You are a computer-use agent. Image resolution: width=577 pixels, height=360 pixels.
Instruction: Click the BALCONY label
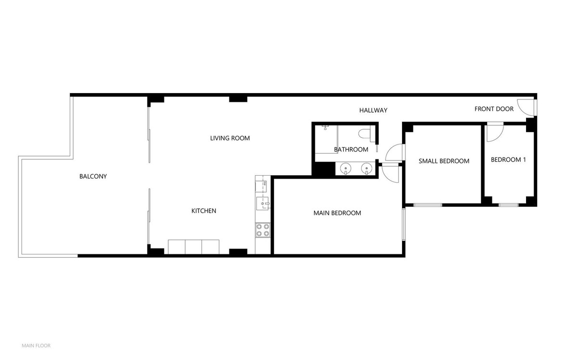coord(93,177)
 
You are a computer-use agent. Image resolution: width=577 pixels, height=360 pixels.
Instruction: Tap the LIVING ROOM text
coord(230,138)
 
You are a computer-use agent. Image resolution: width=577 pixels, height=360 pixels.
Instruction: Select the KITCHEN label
coord(204,211)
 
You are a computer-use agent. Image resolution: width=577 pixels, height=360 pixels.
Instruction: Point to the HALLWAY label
coord(373,110)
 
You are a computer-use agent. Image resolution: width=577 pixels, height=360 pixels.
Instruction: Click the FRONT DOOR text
coord(494,109)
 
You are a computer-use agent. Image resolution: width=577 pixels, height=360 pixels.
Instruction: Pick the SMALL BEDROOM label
coord(444,161)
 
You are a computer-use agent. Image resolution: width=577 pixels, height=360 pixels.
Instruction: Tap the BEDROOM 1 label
coord(508,160)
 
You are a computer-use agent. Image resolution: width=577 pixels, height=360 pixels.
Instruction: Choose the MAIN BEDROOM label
coord(337,213)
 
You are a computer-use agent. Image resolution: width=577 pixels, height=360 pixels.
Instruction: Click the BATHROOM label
coord(351,150)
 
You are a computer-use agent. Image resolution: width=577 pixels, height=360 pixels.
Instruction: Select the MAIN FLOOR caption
coord(36,346)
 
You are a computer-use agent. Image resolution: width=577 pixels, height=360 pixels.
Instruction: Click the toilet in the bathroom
coord(365,133)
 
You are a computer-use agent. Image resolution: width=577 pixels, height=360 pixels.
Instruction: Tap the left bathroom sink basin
coord(345,168)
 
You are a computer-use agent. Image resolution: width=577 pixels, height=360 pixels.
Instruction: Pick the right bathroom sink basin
coord(366,168)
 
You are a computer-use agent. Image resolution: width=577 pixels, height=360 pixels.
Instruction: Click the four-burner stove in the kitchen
coord(263,230)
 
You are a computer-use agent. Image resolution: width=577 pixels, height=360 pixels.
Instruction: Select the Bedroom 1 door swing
coord(493,133)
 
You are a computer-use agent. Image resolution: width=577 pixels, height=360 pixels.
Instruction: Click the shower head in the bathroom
coord(326,127)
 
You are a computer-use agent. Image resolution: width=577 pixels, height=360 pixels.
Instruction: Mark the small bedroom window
coord(427,205)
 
